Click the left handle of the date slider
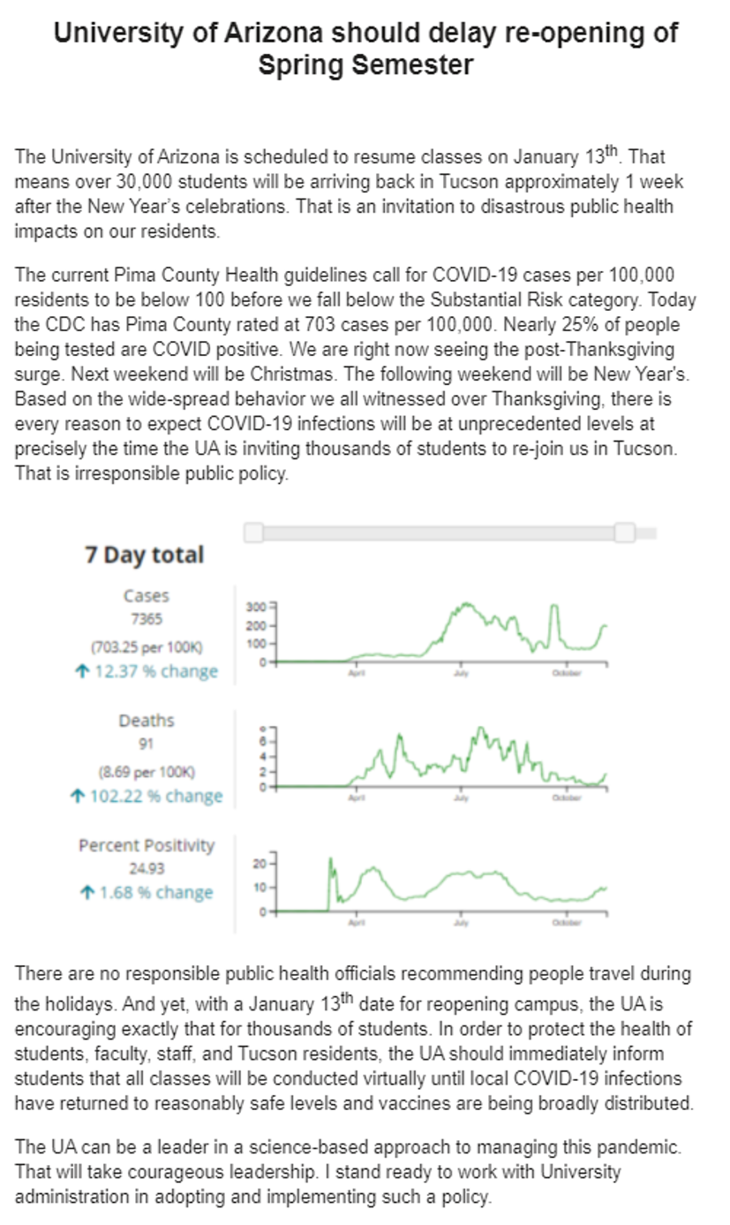(x=253, y=533)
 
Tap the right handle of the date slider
(x=625, y=533)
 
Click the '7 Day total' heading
(x=144, y=556)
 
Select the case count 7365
(x=147, y=620)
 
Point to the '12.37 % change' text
(x=147, y=671)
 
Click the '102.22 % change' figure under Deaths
(x=147, y=796)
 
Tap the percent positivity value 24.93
(x=147, y=868)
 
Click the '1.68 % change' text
(x=147, y=893)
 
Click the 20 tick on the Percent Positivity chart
(x=260, y=861)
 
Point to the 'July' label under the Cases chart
(x=461, y=673)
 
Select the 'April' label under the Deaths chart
(x=356, y=798)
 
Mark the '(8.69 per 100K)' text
(x=147, y=771)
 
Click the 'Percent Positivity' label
(x=147, y=845)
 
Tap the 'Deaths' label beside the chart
(x=147, y=721)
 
